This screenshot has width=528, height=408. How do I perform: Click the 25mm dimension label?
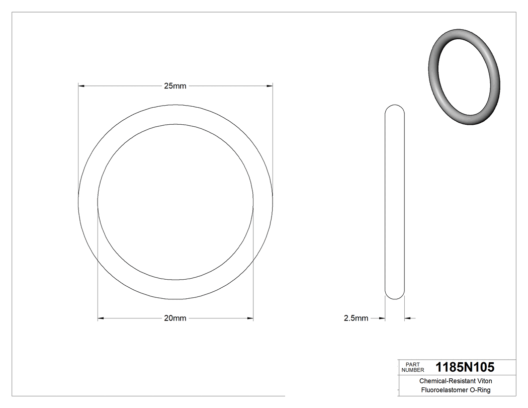[x=175, y=86]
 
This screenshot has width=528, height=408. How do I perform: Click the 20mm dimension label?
[x=175, y=318]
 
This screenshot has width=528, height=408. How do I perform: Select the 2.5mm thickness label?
[x=356, y=318]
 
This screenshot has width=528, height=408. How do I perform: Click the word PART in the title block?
[x=412, y=364]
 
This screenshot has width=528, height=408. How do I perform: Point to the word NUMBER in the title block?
[x=414, y=370]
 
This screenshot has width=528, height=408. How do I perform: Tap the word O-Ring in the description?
[x=479, y=390]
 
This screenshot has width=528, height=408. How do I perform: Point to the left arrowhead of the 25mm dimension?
[x=81, y=86]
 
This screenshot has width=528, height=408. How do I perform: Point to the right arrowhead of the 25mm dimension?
[x=269, y=86]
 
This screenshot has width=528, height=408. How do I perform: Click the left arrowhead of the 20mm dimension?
[x=101, y=318]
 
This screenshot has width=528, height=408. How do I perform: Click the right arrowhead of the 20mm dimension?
[x=250, y=318]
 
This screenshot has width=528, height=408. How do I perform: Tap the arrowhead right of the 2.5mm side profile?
[x=408, y=318]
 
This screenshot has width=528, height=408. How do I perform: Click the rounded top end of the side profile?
[x=394, y=109]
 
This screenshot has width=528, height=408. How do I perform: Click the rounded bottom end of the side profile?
[x=394, y=296]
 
